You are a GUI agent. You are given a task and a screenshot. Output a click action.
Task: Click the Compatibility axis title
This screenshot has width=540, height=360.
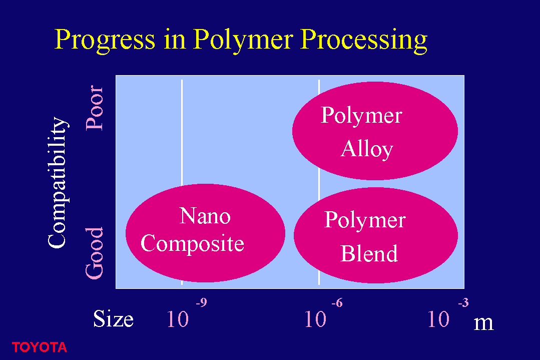[58, 182]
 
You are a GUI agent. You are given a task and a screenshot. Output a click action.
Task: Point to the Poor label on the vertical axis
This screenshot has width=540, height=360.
[95, 108]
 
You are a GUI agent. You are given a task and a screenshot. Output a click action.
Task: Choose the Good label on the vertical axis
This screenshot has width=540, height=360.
[95, 253]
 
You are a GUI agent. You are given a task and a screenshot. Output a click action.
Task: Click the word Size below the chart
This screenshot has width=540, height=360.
[113, 318]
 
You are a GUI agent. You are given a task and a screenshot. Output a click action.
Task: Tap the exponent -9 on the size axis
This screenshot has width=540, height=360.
[202, 302]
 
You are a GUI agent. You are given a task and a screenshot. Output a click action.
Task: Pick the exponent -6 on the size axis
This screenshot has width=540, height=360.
[337, 302]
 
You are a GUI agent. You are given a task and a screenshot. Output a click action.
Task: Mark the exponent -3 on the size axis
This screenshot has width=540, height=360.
[463, 302]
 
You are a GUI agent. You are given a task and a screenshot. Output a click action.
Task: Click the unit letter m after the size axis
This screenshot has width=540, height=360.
[483, 323]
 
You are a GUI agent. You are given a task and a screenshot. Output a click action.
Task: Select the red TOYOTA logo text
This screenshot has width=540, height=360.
[40, 347]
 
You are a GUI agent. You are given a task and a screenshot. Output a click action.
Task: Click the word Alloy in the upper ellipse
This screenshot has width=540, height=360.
[367, 149]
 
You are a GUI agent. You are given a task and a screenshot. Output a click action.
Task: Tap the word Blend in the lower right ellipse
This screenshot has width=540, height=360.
[369, 253]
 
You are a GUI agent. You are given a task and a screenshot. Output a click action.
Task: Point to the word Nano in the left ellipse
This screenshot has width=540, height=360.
[205, 216]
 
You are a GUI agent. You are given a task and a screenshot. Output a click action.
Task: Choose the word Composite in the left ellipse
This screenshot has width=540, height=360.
[193, 244]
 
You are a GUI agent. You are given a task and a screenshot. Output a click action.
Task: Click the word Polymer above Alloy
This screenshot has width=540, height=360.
[362, 115]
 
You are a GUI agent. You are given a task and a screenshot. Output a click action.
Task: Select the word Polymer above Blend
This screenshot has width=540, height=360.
[365, 220]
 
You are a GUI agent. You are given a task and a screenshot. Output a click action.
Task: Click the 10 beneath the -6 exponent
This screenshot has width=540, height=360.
[315, 319]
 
